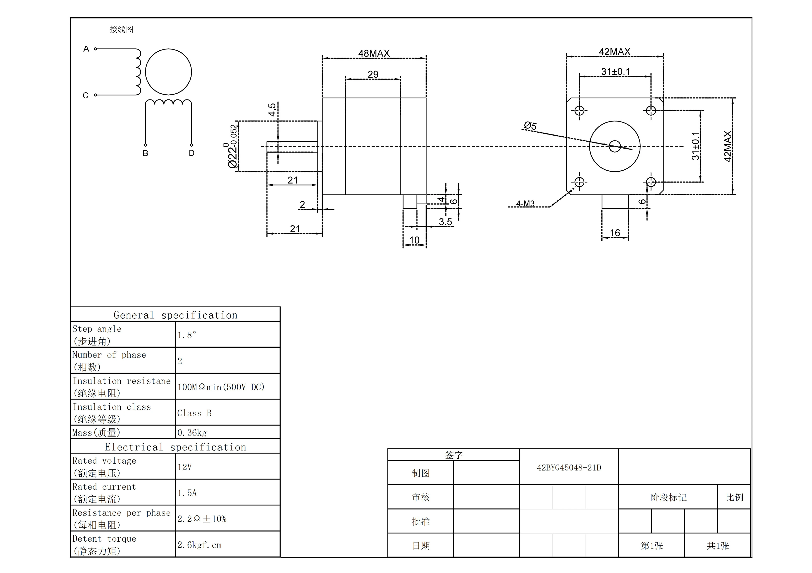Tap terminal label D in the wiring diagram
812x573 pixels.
pos(192,153)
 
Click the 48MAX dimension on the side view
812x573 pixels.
pos(374,53)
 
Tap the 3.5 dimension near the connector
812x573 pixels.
pos(445,222)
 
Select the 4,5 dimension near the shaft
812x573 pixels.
pos(272,110)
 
